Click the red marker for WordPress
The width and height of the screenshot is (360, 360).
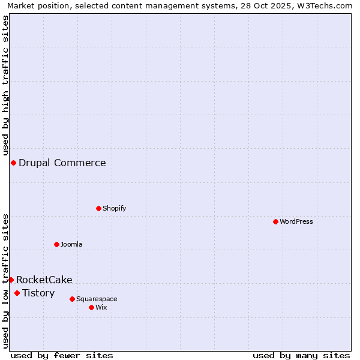(x=275, y=221)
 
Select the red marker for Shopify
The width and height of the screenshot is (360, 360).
(x=98, y=208)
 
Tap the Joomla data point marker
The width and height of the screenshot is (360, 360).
(x=56, y=244)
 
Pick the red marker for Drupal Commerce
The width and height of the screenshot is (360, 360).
(x=13, y=163)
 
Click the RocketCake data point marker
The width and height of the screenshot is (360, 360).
(x=11, y=280)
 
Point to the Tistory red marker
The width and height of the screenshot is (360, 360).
(x=17, y=293)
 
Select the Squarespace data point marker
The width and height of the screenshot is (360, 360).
(x=72, y=299)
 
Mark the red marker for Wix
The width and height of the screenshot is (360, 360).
(x=91, y=307)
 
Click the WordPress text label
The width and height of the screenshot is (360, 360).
(x=296, y=221)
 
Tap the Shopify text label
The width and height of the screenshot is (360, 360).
(x=114, y=208)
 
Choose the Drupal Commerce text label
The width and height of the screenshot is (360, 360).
(x=62, y=163)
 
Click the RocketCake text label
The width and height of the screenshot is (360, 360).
(x=44, y=280)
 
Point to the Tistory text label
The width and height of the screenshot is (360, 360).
(x=38, y=293)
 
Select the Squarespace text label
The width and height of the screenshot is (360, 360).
(x=97, y=299)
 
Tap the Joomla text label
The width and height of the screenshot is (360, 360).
(x=71, y=244)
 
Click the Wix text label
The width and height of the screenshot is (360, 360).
(x=101, y=307)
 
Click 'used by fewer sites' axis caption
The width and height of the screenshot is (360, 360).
(x=62, y=355)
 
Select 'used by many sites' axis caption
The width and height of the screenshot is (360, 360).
(x=301, y=355)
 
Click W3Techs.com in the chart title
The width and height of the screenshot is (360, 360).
(x=328, y=5)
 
